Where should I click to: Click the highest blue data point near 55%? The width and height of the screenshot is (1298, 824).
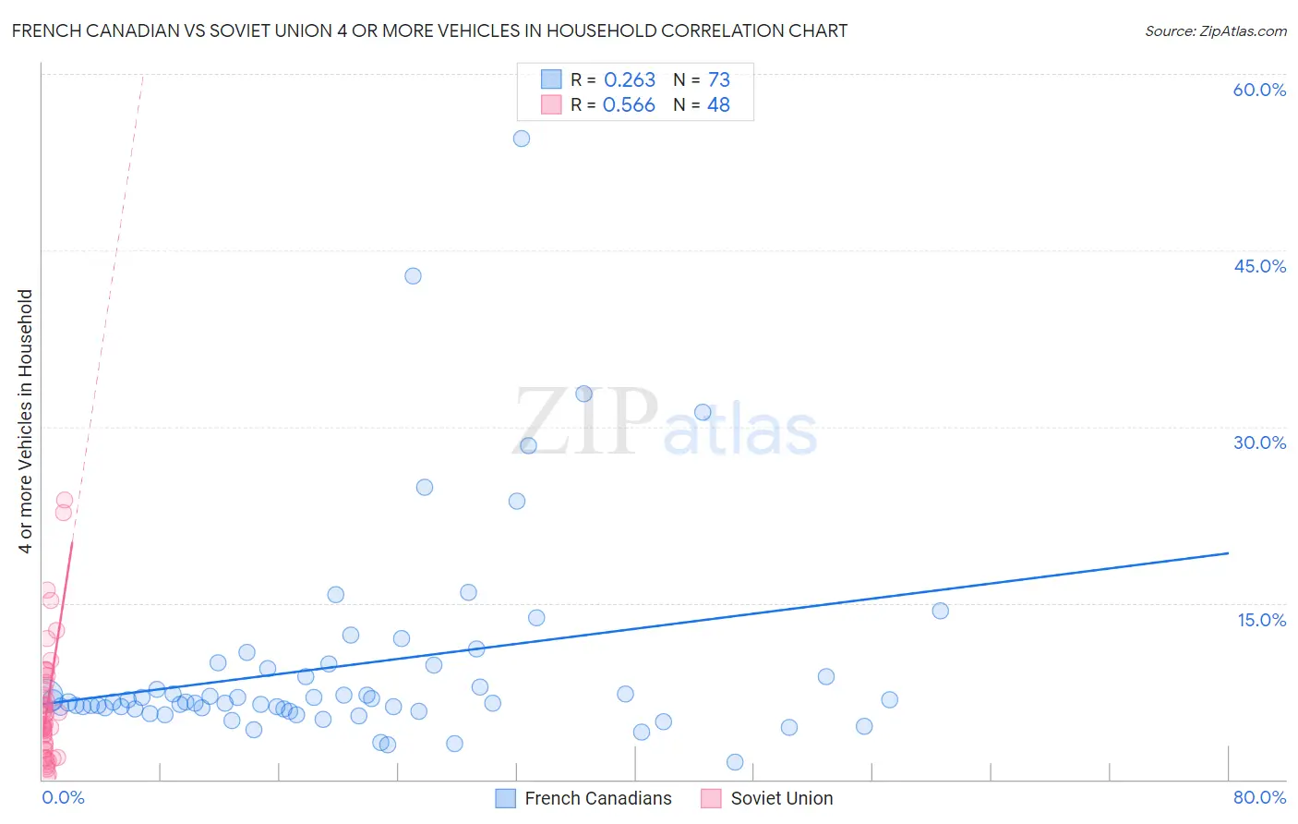pos(522,139)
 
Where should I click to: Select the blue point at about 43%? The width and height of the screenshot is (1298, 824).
pos(413,276)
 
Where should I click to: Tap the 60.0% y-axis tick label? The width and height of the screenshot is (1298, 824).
pos(1259,90)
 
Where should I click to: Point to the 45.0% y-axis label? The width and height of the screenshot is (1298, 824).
pos(1259,266)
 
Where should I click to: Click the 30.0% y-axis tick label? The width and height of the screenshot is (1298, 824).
pos(1259,442)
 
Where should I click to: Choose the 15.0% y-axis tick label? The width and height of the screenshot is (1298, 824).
pos(1261,620)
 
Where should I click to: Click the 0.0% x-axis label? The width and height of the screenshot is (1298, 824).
pos(63,797)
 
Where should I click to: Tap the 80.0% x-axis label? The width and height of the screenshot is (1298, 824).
pos(1259,797)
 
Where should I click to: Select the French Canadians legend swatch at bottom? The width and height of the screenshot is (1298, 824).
pos(505,798)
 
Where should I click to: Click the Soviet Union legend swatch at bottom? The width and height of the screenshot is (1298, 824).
pos(711,798)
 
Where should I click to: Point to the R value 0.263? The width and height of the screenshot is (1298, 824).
pos(629,80)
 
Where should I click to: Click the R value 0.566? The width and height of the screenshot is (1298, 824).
pos(629,105)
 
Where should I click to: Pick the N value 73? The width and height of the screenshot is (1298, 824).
pos(718,80)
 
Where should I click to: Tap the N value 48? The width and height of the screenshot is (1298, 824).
pos(718,105)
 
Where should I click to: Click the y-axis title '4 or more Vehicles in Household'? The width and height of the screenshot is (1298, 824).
pos(26,421)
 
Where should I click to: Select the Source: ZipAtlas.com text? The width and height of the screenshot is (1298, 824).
pos(1215,31)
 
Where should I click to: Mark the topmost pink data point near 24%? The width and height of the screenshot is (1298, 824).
pos(65,500)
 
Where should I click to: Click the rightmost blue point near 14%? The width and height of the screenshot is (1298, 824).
pos(940,611)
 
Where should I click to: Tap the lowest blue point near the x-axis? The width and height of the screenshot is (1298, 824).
pos(735,762)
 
